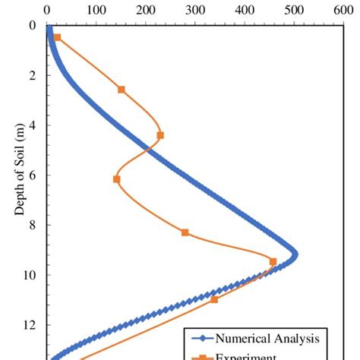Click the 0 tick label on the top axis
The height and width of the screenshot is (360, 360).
point(48,11)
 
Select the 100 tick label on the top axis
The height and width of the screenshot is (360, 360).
point(96,11)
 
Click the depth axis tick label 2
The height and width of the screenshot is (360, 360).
point(32,75)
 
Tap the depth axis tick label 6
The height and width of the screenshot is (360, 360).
point(32,175)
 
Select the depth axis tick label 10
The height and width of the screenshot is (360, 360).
point(30,275)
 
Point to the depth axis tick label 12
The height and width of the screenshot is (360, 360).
point(30,325)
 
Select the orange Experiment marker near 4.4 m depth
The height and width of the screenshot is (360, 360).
point(160,135)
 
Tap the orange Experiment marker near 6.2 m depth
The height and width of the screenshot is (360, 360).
point(116,179)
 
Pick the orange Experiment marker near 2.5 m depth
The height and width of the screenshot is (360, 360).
point(122,89)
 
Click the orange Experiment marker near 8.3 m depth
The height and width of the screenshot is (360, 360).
point(185,232)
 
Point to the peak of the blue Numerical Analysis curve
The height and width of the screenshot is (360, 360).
point(295,254)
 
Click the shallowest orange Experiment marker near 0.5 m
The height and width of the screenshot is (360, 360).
point(57,37)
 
